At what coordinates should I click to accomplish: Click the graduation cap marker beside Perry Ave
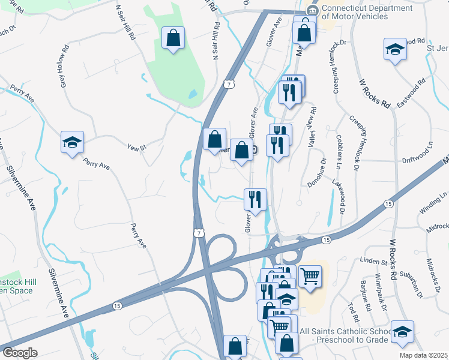[x=73, y=143]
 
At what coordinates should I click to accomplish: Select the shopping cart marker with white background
[x=310, y=276]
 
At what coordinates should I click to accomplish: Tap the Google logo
[x=20, y=353]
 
